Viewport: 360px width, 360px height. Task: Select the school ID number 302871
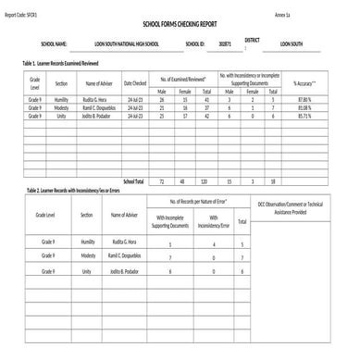(x=224, y=43)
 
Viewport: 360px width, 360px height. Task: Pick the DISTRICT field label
(x=252, y=40)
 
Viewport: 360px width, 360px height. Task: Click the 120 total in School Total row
(x=205, y=181)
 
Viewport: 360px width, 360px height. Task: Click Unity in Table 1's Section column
(x=59, y=116)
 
